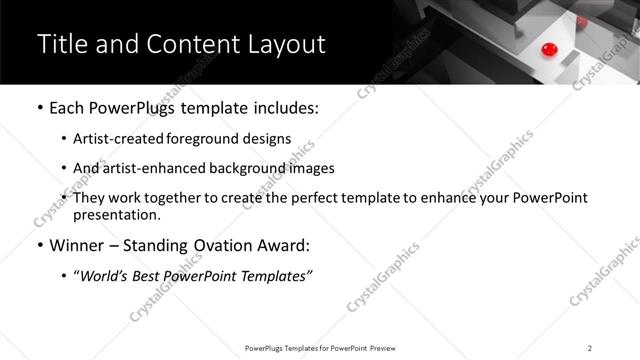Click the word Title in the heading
tap(61, 44)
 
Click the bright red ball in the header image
tap(547, 49)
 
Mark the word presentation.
tap(116, 214)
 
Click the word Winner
tap(76, 246)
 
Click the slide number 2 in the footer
tap(590, 348)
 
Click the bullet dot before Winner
tap(39, 246)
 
